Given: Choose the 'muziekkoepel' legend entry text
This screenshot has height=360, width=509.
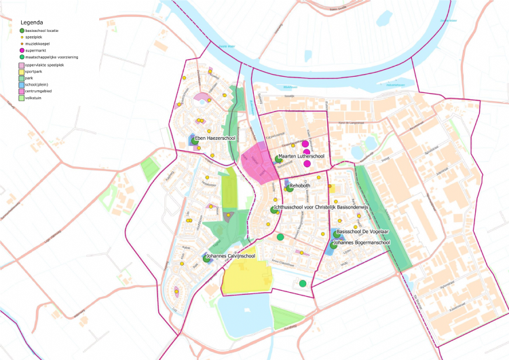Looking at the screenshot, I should tap(40, 44).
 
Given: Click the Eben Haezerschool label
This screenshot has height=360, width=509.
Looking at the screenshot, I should tap(220, 139).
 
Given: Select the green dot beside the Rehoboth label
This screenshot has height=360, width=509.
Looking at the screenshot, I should tap(290, 188).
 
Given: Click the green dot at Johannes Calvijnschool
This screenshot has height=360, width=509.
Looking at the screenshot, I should tap(206, 258).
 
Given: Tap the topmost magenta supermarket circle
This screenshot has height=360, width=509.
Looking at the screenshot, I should tap(305, 144).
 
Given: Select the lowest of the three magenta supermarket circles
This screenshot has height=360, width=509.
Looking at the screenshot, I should tap(307, 164).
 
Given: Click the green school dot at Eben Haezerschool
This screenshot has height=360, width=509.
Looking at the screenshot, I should tap(193, 142).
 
